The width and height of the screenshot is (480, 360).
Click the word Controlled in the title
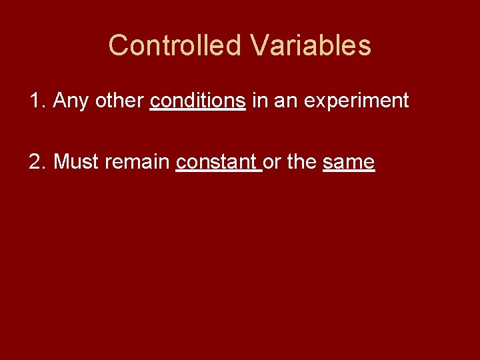175,45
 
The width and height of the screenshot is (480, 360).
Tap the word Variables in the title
311,45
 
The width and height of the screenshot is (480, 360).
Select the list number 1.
36,101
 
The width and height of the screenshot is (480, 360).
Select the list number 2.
36,161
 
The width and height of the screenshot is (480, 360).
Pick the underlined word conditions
197,101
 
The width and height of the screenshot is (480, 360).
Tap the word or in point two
272,162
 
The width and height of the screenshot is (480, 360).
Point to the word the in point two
301,161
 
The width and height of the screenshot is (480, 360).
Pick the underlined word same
349,162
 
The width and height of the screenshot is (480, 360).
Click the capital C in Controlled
117,45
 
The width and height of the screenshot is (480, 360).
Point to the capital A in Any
59,101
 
